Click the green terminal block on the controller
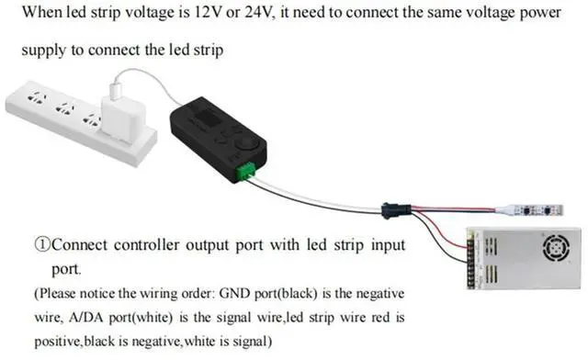pos(245,172)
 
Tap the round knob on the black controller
pos(247,144)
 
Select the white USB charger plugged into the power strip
pos(123,118)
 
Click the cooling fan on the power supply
pos(556,247)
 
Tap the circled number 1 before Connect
pos(43,245)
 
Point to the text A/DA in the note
pos(87,317)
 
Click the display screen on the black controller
pos(209,118)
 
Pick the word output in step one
pos(207,245)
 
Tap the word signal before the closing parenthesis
pos(251,342)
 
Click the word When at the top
pos(42,12)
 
